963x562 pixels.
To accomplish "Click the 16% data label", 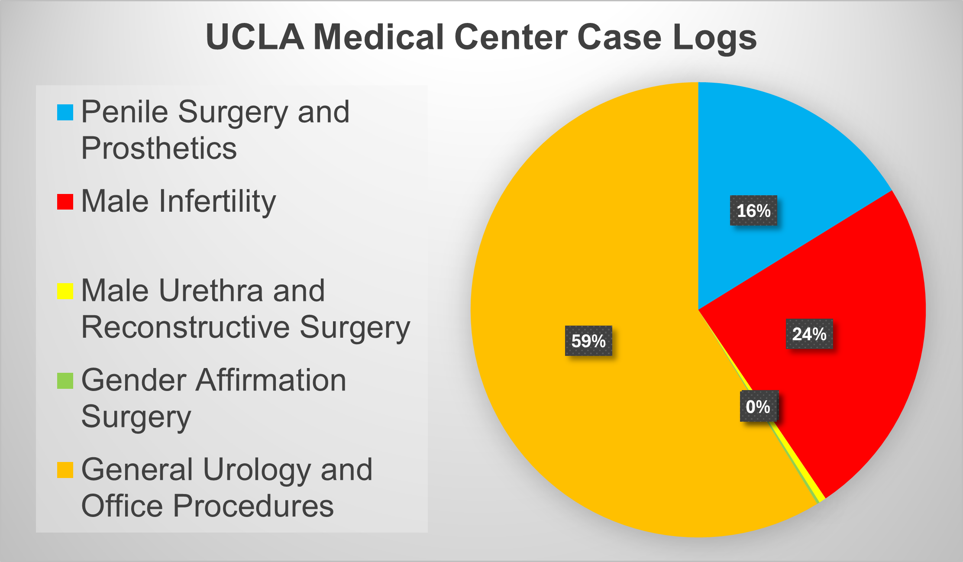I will (753, 210).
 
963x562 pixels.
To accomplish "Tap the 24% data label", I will (809, 334).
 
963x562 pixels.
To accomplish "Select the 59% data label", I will (588, 341).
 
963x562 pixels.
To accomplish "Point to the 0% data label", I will (759, 406).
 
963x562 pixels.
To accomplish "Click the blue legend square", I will (65, 113).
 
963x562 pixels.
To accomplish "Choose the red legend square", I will (65, 202).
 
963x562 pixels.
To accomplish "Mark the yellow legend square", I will (65, 291).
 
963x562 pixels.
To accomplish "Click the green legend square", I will (65, 381).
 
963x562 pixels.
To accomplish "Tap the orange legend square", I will (65, 470).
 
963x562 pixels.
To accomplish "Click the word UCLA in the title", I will (255, 37).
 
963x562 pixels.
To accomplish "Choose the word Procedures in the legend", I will (253, 506).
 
